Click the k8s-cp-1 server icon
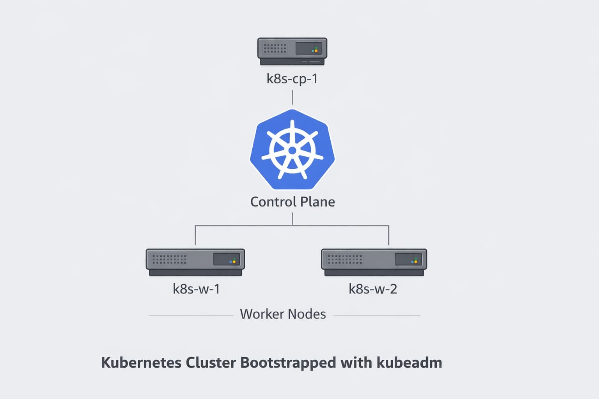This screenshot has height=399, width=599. (292, 51)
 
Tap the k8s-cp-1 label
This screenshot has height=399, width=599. (292, 79)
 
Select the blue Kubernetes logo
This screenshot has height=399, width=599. (292, 150)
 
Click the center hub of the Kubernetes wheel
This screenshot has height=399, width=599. (292, 150)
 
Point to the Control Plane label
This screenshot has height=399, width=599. (292, 202)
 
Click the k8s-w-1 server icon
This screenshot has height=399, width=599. (195, 262)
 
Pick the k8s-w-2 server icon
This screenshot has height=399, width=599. (374, 262)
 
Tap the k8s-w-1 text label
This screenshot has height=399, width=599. (196, 289)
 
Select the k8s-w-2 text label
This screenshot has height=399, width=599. (373, 289)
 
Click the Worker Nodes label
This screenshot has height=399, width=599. (283, 314)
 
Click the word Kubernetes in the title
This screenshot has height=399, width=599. (141, 363)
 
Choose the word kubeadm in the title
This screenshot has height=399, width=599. (409, 363)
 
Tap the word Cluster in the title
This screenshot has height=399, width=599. (211, 363)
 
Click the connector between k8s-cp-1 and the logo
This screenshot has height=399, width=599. (292, 97)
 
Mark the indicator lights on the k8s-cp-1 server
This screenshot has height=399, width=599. (315, 50)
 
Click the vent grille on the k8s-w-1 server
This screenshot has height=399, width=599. (169, 259)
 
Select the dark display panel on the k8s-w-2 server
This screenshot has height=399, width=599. (408, 259)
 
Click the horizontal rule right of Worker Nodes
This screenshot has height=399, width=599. (376, 315)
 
